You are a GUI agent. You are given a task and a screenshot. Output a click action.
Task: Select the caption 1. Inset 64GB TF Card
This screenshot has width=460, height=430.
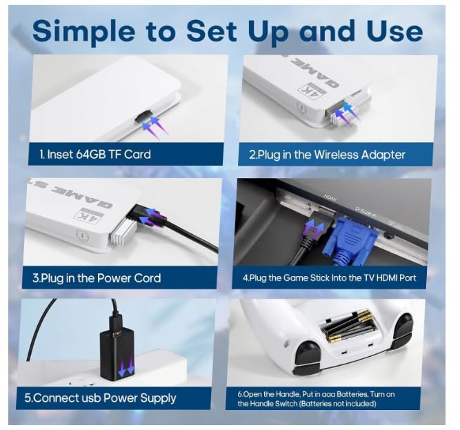click(x=95, y=154)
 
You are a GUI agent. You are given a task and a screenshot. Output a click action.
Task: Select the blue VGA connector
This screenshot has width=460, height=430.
click(x=349, y=240)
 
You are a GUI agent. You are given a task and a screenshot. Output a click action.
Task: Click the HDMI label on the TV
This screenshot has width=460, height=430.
click(x=330, y=197)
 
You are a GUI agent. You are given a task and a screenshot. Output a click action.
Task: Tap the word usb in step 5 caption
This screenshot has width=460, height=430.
click(x=88, y=398)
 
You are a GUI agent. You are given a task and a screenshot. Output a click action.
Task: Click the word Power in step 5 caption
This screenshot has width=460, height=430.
click(x=120, y=398)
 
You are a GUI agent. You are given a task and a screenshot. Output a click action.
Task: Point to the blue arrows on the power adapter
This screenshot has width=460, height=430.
click(x=126, y=367)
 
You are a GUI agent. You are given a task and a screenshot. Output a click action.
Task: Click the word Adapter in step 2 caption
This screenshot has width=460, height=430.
click(x=383, y=155)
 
